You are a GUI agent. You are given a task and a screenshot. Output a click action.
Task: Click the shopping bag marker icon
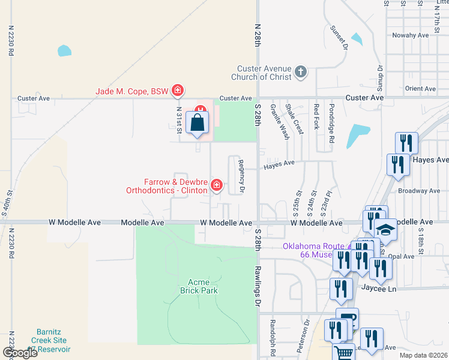198,124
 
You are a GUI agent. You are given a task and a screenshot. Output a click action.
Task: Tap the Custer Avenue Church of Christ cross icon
301,73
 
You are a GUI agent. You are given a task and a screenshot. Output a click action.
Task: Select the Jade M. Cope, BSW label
132,92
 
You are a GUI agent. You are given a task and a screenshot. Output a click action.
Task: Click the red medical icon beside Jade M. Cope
177,91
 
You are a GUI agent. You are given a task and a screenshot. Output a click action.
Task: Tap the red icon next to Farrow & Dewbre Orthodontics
216,186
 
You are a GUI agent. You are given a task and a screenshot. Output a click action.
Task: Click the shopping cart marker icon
343,353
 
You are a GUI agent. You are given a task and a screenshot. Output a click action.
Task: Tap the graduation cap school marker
384,230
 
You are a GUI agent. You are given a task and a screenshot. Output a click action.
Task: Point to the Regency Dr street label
241,176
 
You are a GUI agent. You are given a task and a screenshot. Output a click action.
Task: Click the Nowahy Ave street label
411,35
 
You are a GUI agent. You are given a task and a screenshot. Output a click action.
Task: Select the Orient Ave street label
420,89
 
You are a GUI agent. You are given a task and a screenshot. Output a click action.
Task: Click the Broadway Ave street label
419,191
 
